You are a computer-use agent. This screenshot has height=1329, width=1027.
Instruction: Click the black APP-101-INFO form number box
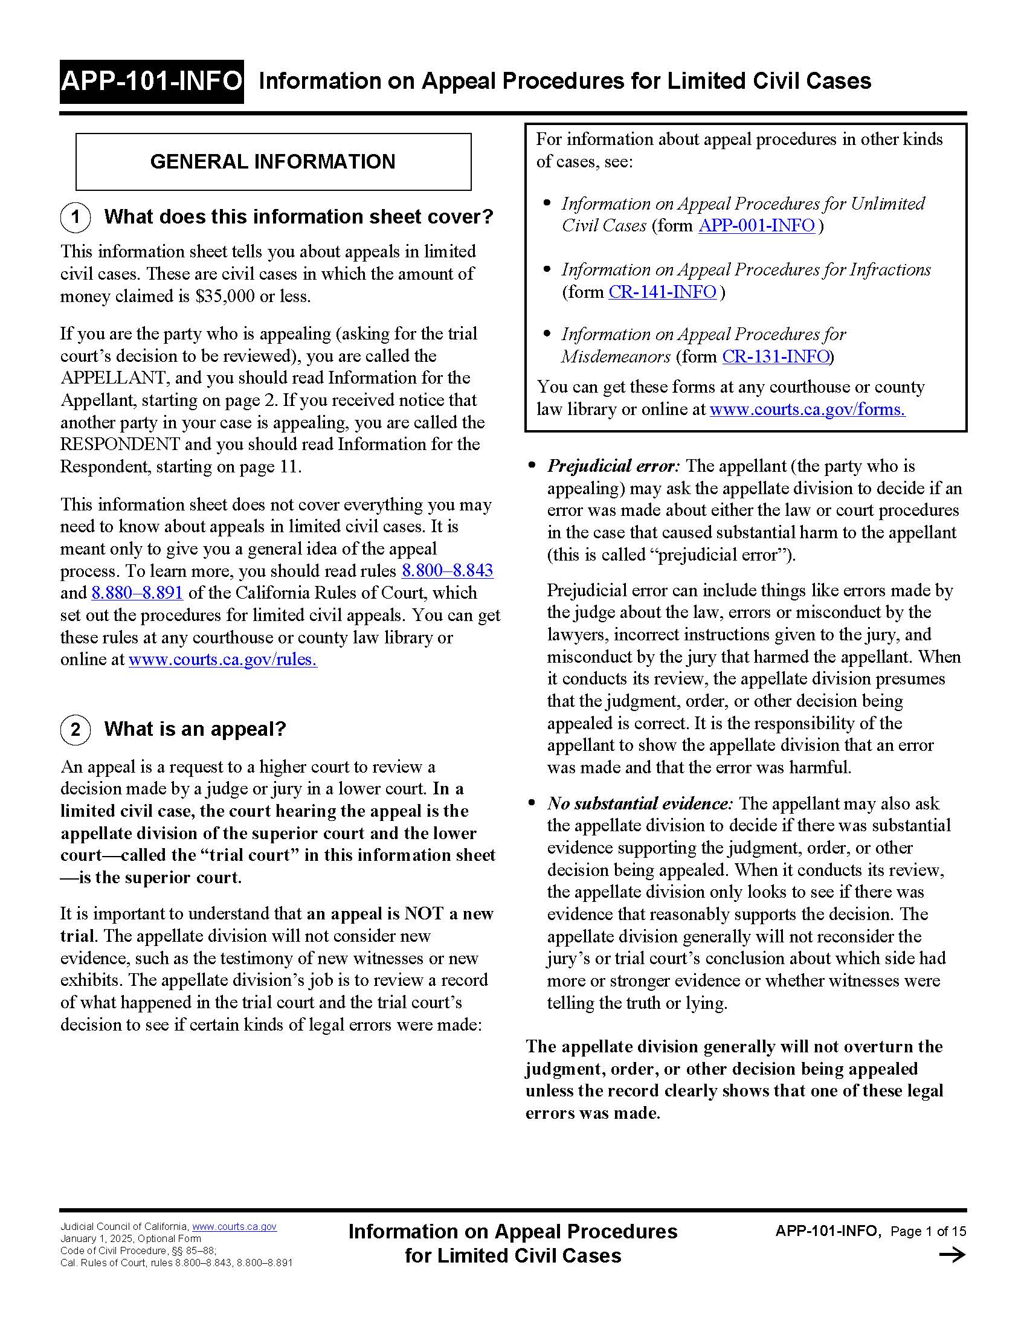tap(152, 82)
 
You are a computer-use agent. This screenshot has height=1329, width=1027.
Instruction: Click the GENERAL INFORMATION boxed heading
tap(272, 162)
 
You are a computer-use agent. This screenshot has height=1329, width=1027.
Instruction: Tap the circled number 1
tap(76, 217)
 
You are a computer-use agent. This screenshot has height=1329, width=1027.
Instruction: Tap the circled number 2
tap(76, 729)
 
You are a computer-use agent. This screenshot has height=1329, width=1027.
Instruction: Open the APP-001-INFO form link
tap(756, 226)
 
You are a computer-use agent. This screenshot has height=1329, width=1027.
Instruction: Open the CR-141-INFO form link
tap(662, 292)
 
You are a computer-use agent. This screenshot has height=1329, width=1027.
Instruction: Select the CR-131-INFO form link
tap(776, 356)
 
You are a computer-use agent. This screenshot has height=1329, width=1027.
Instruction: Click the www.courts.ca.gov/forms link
tap(806, 410)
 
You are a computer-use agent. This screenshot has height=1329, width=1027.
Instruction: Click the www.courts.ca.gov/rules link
tap(222, 660)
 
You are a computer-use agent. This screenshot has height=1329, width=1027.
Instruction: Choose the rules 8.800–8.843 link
tap(447, 571)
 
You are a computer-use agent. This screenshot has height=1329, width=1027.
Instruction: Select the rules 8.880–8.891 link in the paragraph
tap(137, 593)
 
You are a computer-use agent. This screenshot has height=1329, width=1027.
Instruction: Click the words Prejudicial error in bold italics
tap(612, 466)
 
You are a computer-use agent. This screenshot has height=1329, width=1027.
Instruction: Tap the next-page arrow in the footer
tap(952, 1255)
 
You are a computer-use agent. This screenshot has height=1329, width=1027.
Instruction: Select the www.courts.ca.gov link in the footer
tap(234, 1227)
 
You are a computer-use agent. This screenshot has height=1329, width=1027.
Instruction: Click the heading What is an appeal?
tap(195, 729)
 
